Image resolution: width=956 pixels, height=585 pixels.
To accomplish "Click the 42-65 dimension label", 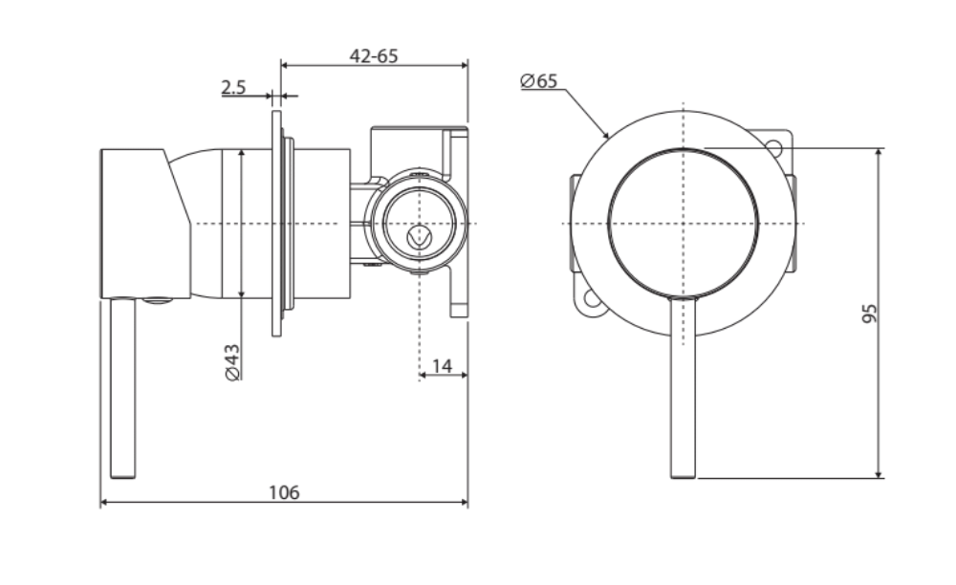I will tap(373, 55).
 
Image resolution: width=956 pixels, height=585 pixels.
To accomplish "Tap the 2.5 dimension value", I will tap(233, 87).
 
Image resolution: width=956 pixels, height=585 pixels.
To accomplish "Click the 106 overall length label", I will tap(284, 492).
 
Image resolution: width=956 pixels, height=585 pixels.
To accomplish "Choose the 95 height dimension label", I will tap(868, 314).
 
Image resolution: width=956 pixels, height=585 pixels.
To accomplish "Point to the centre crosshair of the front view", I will tap(684, 223).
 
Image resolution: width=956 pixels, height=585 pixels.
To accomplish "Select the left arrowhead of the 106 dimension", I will tap(104, 503).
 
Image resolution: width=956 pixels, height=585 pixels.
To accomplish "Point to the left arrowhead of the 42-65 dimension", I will tap(284, 65).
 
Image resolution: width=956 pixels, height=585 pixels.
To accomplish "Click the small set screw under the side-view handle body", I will tap(158, 302).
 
